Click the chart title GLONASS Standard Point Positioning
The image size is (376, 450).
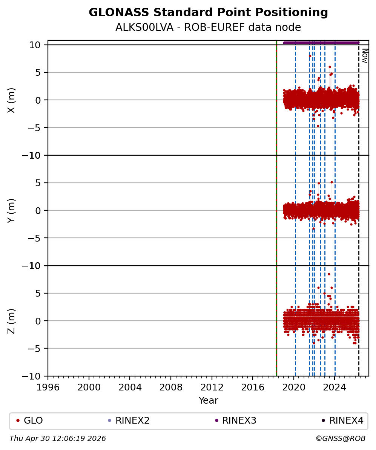(208, 13)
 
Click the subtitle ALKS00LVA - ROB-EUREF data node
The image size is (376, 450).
(208, 28)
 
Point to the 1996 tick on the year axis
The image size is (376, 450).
(48, 387)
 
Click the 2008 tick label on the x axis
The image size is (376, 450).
(171, 387)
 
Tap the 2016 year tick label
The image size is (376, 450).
(253, 387)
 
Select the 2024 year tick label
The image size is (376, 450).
(335, 387)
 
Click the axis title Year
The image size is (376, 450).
(208, 401)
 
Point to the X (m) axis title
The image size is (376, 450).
(12, 100)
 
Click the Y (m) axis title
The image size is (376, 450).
(12, 210)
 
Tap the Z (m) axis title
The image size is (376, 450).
(12, 321)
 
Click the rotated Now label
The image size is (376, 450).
(365, 55)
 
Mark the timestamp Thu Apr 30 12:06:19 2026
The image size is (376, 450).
(58, 439)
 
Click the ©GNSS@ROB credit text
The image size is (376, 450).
(340, 439)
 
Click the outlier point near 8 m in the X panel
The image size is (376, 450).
(310, 56)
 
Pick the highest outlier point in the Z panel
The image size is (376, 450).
(329, 274)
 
